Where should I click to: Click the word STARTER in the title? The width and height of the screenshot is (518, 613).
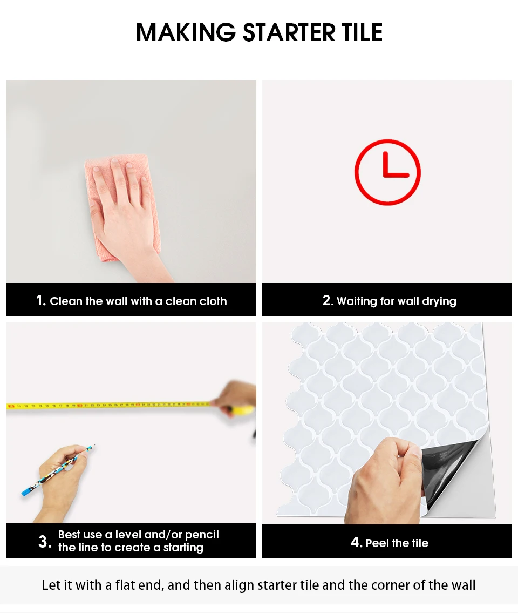tap(289, 32)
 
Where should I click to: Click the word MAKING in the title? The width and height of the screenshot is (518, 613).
tap(186, 32)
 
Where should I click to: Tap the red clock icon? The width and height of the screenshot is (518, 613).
tap(387, 172)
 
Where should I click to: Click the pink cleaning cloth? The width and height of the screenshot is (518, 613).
tap(122, 207)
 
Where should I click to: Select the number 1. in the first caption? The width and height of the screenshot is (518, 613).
tap(41, 300)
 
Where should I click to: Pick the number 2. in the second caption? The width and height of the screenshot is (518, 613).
tap(328, 300)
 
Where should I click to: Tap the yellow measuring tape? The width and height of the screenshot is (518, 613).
tap(113, 406)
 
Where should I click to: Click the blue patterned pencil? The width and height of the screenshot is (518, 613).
tap(57, 471)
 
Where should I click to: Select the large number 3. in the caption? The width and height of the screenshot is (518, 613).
tap(45, 542)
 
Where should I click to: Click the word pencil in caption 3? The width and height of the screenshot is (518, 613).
tap(202, 535)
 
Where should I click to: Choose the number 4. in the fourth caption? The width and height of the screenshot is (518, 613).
tap(356, 542)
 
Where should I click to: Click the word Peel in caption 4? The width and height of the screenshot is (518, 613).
tap(377, 543)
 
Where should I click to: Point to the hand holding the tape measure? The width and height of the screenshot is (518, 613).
tap(236, 399)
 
